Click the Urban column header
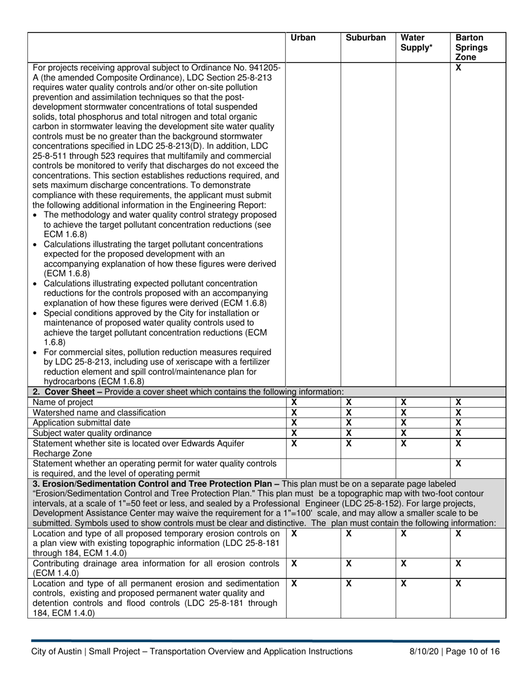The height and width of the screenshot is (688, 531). point(303,38)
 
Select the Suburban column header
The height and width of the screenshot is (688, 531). point(366,38)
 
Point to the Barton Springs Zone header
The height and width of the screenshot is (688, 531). point(471,48)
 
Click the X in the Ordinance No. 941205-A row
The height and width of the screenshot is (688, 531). point(458,67)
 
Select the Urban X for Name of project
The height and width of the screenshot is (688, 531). point(295,402)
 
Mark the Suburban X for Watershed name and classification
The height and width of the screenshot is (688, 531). point(348,412)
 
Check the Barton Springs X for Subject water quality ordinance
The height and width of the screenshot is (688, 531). point(458,433)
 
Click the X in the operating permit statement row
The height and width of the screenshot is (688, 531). point(458,463)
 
